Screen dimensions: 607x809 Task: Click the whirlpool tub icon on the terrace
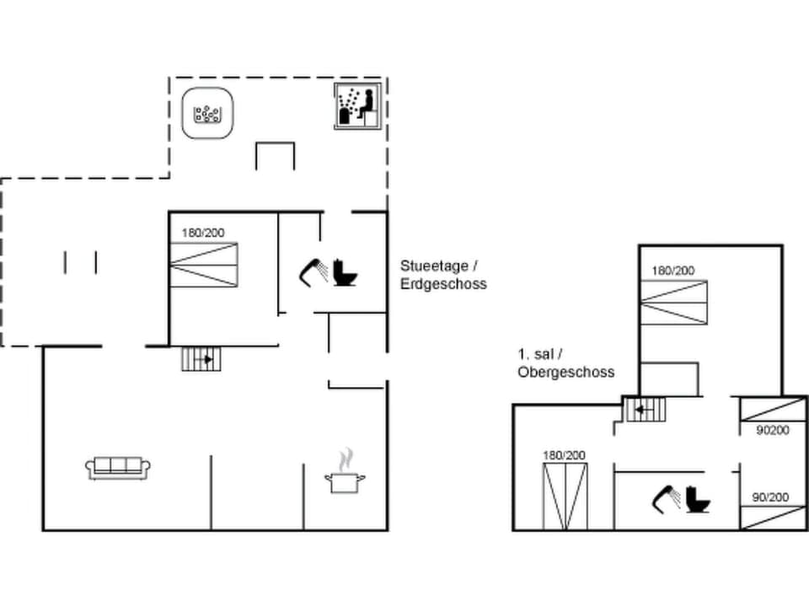(206, 113)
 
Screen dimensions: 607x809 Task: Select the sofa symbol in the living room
(118, 467)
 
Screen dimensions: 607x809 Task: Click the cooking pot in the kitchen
(345, 482)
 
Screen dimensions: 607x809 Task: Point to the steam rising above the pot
(346, 459)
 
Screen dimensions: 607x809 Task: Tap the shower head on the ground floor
(313, 271)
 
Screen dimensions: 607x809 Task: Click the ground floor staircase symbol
(203, 359)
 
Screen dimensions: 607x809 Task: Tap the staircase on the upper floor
(645, 411)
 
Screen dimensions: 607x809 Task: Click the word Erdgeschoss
(443, 284)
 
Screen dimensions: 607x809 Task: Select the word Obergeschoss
(565, 372)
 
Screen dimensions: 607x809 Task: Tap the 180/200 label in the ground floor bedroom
(203, 233)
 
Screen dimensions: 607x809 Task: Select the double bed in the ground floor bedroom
(204, 265)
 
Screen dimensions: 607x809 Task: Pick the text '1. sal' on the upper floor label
(537, 354)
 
